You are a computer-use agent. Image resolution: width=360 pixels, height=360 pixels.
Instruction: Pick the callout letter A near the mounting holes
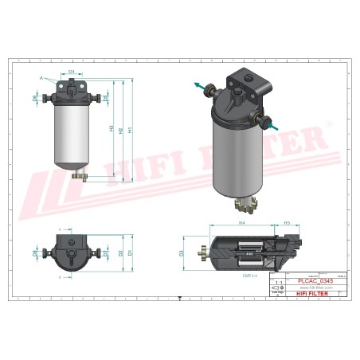pyautogui.click(x=41, y=78)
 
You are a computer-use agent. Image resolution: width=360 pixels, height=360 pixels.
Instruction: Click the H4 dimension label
pyautogui.click(x=241, y=224)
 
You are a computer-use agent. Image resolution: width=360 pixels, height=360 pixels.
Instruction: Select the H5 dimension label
pyautogui.click(x=285, y=224)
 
